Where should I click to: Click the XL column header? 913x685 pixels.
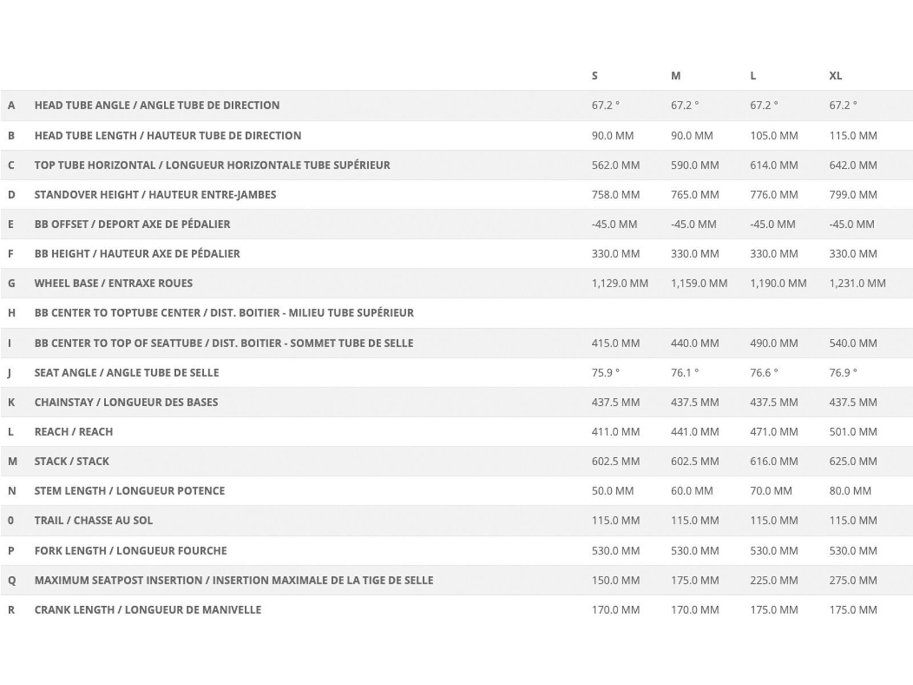(x=835, y=76)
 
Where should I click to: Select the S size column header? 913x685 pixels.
(x=595, y=76)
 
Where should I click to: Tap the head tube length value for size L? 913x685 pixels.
(x=774, y=136)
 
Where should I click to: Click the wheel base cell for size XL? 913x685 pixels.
(x=857, y=283)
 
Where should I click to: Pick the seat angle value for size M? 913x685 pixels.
(x=685, y=373)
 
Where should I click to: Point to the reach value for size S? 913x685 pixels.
(x=615, y=432)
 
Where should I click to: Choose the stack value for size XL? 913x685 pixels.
(x=853, y=461)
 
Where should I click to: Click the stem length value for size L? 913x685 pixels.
(x=771, y=491)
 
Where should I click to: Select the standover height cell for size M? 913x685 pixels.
(x=694, y=195)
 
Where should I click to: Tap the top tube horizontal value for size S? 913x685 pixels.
(x=615, y=166)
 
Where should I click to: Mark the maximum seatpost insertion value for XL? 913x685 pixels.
(x=853, y=581)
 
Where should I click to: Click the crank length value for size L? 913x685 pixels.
(x=774, y=610)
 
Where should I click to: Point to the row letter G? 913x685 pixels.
(x=11, y=284)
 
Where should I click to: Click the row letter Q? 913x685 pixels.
(x=11, y=581)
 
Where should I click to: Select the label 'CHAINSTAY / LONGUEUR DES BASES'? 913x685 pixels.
(x=126, y=402)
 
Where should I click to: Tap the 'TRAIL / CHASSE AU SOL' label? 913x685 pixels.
(x=94, y=521)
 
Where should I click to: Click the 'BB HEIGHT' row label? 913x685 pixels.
(x=137, y=254)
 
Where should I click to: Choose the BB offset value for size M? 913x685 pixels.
(x=693, y=224)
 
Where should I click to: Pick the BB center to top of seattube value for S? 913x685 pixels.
(x=615, y=343)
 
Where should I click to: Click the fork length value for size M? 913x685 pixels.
(x=694, y=551)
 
